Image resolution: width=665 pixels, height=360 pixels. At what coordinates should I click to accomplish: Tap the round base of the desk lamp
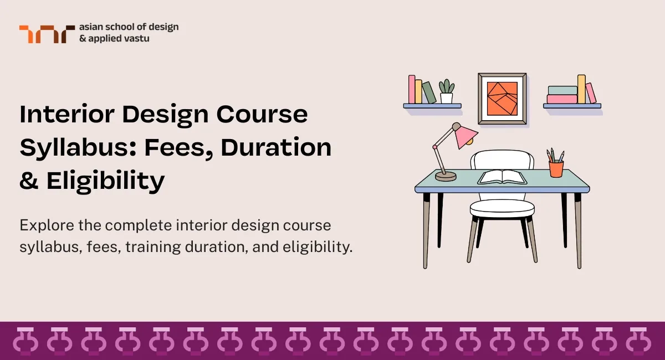[x=446, y=176]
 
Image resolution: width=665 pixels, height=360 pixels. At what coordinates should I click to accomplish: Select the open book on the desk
[x=502, y=177]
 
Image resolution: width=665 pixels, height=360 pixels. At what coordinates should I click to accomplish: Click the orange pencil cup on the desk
[x=556, y=168]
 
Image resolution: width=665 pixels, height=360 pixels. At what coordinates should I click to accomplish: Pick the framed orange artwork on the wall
[x=502, y=98]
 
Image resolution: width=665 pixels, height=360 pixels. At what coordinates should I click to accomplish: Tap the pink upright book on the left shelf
[x=412, y=89]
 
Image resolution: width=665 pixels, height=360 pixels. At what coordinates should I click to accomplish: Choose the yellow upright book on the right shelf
[x=581, y=89]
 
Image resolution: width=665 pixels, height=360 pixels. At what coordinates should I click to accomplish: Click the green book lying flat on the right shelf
[x=562, y=90]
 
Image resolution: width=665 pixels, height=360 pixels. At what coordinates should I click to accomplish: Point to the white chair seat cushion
[x=502, y=208]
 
